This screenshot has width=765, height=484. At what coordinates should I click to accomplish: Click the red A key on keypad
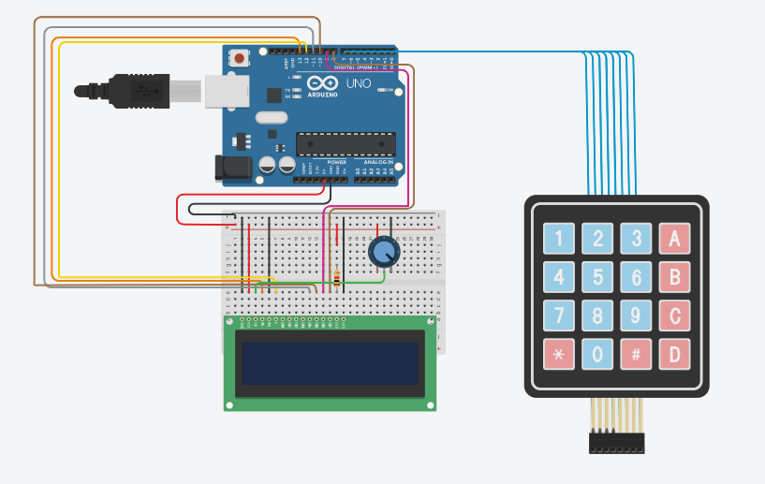[673, 239]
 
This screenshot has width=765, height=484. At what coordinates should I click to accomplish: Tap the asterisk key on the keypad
[559, 355]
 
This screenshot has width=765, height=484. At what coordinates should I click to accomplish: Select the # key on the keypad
[636, 355]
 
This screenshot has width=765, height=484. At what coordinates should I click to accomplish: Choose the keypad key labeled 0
[597, 355]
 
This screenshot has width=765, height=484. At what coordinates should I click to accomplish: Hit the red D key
[673, 355]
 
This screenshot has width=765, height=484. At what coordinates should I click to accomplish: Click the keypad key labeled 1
[559, 239]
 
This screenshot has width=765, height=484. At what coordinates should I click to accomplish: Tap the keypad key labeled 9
[636, 316]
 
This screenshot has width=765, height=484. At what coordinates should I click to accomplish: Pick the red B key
[673, 278]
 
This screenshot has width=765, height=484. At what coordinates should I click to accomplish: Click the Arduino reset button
[241, 58]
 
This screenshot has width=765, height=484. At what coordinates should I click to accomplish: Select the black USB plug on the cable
[122, 91]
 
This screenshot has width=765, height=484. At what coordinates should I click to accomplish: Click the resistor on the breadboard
[337, 278]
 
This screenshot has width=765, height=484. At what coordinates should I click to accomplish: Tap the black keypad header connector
[617, 443]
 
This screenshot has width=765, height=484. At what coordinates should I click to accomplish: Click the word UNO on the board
[359, 83]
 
